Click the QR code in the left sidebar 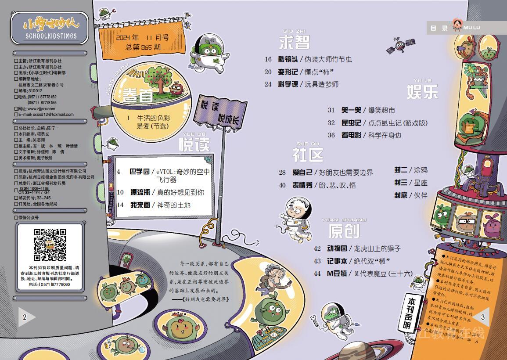(x=50, y=245)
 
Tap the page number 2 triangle (x=26, y=317)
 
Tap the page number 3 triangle (x=482, y=317)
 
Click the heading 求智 (x=294, y=42)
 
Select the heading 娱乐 (x=422, y=92)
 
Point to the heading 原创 (x=343, y=230)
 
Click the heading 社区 (x=308, y=155)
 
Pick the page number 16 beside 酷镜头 (x=268, y=59)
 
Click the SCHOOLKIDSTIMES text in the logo (x=51, y=36)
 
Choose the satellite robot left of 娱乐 (x=398, y=44)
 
